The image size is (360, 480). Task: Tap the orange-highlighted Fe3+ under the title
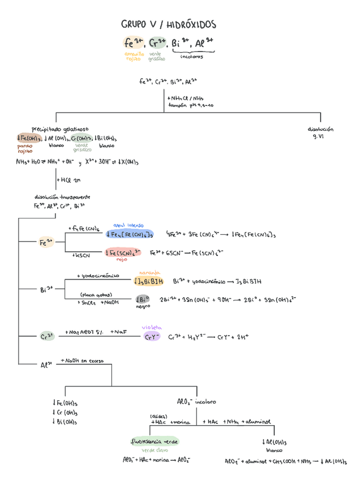point(133,43)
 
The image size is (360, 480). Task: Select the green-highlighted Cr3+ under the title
point(157,43)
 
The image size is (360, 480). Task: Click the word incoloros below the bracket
point(192,57)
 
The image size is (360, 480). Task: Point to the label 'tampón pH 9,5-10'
point(190,105)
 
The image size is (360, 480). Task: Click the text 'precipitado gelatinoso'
point(60,128)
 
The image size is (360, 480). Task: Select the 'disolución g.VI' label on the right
point(320,133)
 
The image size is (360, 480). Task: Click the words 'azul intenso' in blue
point(128,225)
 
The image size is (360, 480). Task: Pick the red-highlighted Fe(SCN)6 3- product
point(122,252)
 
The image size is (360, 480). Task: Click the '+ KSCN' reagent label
point(82,255)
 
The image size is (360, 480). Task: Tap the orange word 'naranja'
point(149,272)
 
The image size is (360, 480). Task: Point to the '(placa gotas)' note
point(96,294)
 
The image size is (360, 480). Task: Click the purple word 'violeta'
point(152,327)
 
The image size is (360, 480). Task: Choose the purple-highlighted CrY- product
point(152,337)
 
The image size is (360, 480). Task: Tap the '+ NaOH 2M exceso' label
point(80,360)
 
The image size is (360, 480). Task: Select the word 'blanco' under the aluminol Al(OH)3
point(274,451)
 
